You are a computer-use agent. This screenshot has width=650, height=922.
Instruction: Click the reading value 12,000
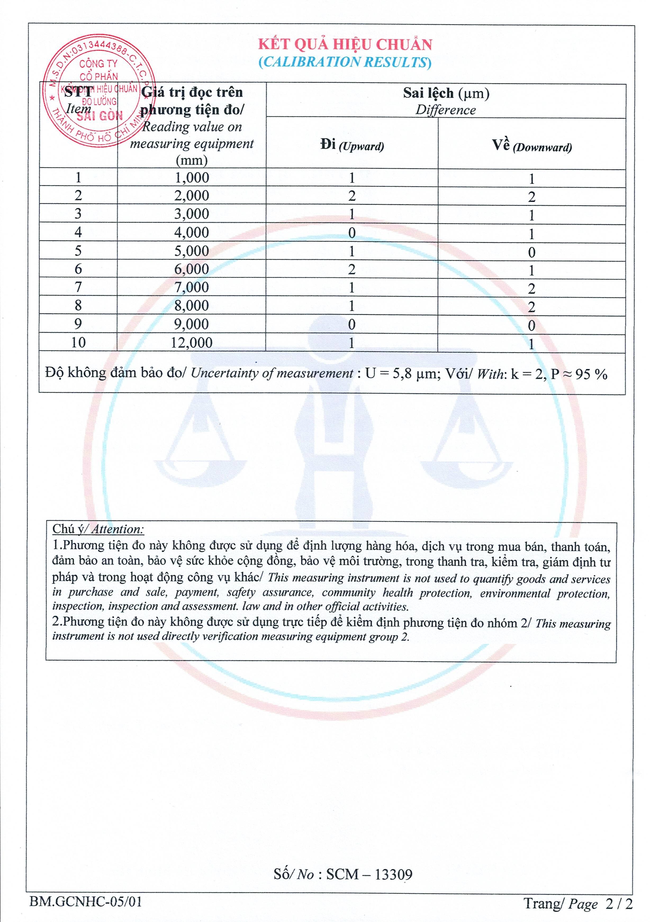(192, 343)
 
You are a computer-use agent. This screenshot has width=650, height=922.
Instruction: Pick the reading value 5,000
(192, 251)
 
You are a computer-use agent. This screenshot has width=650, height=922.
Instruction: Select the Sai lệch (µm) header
(446, 93)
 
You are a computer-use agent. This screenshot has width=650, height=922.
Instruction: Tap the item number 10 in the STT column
(78, 343)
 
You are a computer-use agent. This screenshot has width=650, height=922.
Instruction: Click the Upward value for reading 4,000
(352, 233)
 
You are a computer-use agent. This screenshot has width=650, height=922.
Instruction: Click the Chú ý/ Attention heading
(98, 529)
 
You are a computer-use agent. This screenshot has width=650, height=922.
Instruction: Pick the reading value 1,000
(192, 178)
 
